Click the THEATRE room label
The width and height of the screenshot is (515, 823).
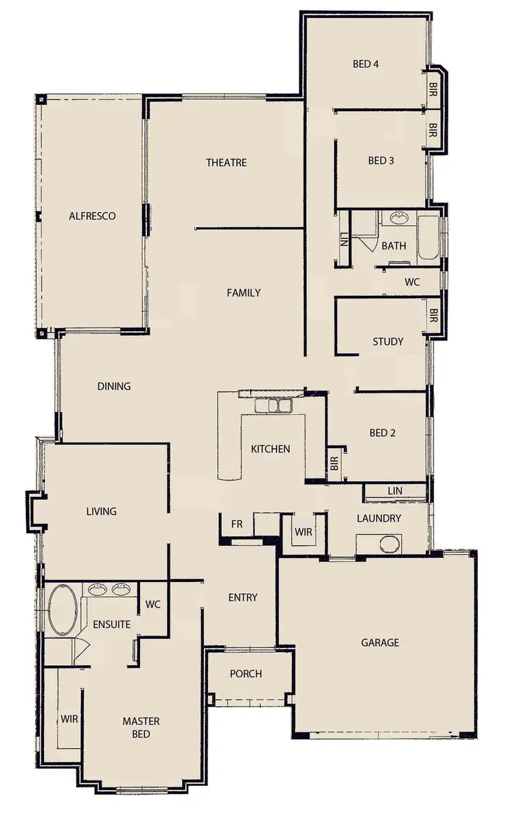click(226, 163)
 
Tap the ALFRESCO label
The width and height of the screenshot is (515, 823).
click(92, 216)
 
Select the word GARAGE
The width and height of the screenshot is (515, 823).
click(380, 643)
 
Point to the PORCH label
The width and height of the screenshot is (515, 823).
click(246, 674)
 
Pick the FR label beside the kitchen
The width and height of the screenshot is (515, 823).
click(237, 524)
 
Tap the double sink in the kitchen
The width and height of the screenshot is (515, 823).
click(273, 406)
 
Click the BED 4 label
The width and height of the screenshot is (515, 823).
click(366, 65)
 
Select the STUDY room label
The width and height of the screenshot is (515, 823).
click(388, 342)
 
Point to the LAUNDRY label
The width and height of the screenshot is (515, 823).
click(378, 518)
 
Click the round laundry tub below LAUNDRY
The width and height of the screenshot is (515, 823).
click(388, 546)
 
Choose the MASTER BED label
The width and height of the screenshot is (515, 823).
click(141, 728)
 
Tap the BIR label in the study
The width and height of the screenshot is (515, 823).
click(433, 316)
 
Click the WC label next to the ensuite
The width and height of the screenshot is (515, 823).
click(152, 605)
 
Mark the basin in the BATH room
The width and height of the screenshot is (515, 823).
click(397, 218)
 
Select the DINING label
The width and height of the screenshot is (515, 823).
click(114, 386)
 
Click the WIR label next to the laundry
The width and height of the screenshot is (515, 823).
click(303, 532)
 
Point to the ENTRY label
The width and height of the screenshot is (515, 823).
click(242, 598)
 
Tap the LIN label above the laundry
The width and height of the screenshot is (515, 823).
click(395, 491)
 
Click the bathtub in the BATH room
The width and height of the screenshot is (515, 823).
click(428, 238)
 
